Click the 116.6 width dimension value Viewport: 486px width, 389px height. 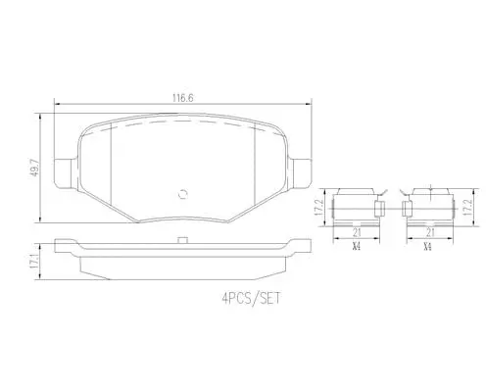tap(183, 99)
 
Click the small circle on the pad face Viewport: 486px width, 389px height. tap(183, 193)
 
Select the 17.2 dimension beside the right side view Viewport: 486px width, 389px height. tap(469, 207)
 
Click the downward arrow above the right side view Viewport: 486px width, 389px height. tap(432, 189)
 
